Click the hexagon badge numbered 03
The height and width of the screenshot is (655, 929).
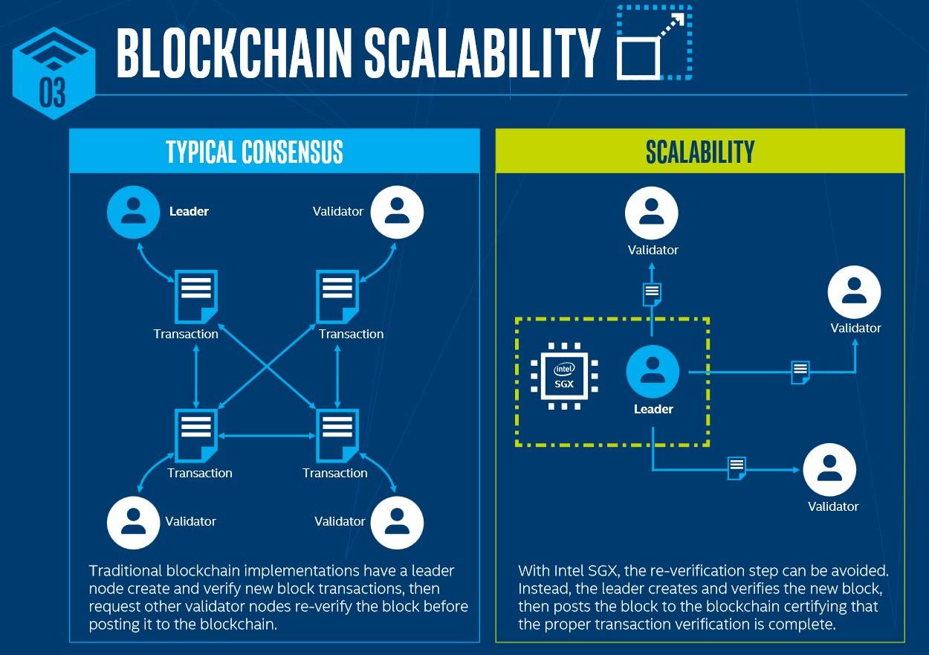[54, 74]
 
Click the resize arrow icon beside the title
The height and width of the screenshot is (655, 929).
[654, 42]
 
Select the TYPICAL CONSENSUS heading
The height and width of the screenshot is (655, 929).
[255, 152]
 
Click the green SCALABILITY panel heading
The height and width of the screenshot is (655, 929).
[700, 152]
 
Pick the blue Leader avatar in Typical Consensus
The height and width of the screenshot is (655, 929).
[133, 212]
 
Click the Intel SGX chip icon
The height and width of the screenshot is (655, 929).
[564, 376]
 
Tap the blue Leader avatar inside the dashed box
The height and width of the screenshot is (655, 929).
[653, 372]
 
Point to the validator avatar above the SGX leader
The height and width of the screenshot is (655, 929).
[652, 213]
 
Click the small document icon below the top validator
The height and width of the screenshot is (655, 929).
[652, 294]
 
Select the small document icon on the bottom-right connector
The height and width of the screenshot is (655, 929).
[737, 468]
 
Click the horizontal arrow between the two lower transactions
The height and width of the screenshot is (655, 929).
[267, 436]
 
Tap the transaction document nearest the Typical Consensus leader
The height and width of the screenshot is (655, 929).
[196, 297]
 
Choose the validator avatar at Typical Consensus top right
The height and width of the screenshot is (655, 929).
[397, 212]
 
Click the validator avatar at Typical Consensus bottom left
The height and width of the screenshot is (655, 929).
[133, 523]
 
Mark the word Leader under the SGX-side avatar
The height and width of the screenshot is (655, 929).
[653, 409]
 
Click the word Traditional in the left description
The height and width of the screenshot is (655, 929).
[126, 571]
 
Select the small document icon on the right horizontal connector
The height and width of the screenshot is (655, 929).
[800, 372]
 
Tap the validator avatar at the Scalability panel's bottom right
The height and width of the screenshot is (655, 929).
[829, 470]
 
